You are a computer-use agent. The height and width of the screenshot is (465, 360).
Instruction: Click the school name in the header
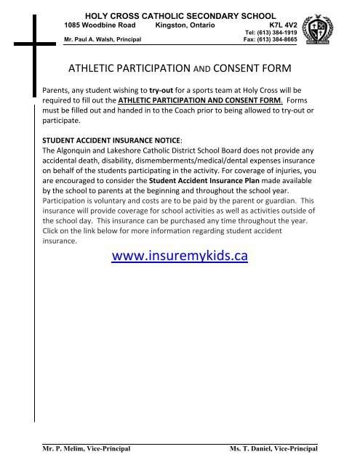[180, 15]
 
